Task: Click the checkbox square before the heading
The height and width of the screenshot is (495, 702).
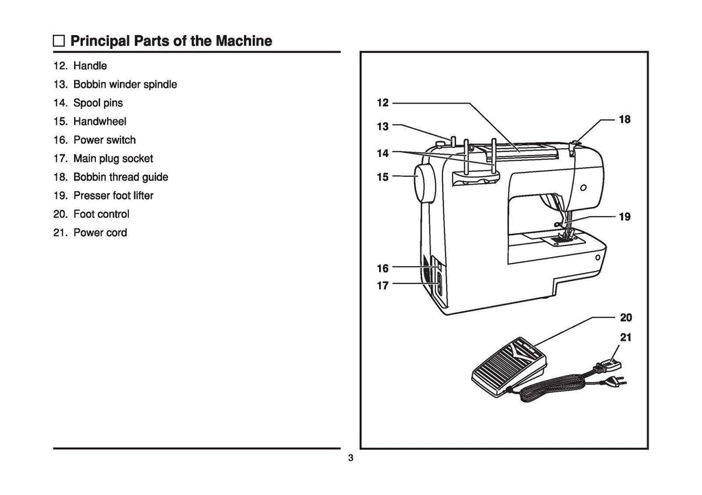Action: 60,42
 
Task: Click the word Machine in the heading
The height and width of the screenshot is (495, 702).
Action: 245,41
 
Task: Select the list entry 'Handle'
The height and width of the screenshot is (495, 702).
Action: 90,67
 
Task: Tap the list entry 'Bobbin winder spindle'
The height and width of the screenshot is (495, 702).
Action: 125,85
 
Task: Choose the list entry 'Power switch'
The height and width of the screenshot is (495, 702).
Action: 104,141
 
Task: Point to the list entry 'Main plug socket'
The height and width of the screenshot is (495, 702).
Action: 113,159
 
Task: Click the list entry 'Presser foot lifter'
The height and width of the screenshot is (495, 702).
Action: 113,196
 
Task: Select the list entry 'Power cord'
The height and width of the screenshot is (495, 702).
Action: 100,233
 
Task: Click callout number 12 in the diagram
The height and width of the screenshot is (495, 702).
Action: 383,103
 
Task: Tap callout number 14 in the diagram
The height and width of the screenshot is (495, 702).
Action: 383,153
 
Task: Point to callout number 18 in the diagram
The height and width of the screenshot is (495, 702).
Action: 624,119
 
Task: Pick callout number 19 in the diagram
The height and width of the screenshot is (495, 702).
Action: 624,217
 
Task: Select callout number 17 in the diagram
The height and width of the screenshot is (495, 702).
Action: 383,285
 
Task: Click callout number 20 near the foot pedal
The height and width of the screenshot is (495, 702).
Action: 625,317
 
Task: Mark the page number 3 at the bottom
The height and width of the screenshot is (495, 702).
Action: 350,459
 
